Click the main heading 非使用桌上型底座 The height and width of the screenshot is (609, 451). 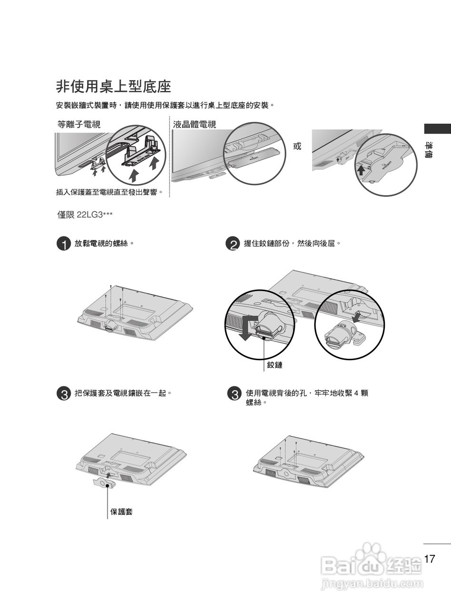[113, 87]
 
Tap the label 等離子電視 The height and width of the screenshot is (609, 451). [79, 125]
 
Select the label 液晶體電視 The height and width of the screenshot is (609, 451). [195, 125]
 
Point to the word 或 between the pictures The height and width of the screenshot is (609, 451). [297, 146]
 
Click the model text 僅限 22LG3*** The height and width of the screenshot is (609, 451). [85, 215]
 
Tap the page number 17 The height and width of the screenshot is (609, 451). [429, 559]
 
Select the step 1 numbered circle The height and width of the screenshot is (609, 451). [63, 245]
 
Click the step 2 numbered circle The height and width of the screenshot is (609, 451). [232, 245]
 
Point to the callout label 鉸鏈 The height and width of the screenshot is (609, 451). [275, 365]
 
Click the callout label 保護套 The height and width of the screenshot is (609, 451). [121, 512]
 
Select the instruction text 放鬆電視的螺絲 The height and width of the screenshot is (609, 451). [103, 244]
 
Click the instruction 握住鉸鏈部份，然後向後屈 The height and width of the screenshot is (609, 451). [293, 244]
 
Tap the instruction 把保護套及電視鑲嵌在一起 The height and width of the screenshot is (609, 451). [123, 393]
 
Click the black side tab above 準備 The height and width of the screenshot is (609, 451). [437, 128]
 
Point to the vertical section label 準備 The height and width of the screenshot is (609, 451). [429, 150]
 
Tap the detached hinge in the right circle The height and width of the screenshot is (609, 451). [344, 335]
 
